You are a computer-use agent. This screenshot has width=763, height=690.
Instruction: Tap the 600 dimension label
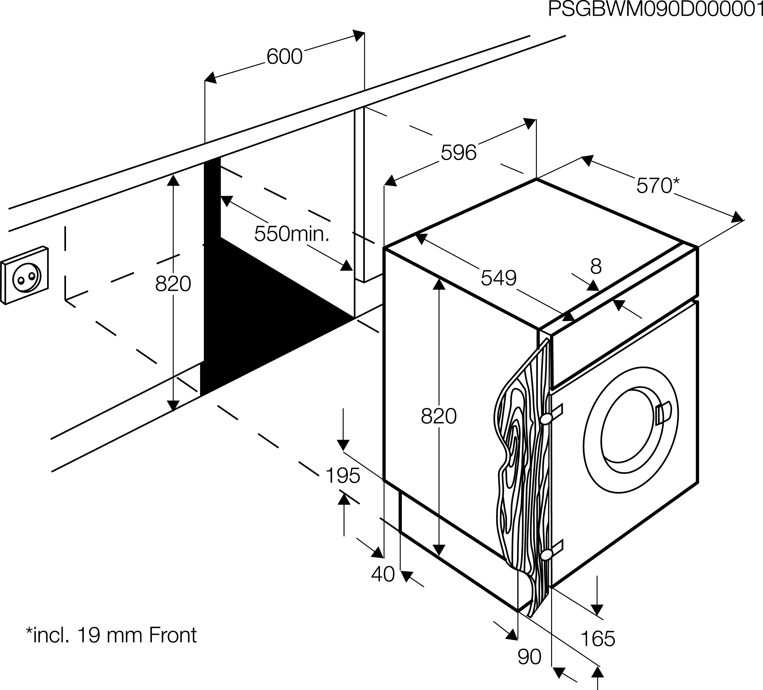284,57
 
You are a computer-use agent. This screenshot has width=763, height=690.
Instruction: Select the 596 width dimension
458,153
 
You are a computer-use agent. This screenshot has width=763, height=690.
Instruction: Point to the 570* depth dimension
658,186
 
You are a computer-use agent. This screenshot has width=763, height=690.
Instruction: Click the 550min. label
292,234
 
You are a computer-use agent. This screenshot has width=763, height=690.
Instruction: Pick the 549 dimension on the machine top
498,278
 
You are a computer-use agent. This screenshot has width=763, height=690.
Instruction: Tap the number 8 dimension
596,266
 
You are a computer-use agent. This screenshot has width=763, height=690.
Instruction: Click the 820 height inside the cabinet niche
173,284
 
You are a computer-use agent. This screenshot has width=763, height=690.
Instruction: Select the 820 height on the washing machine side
439,416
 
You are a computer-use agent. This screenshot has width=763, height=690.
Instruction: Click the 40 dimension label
383,574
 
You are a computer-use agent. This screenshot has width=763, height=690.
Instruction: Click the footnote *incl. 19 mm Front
111,635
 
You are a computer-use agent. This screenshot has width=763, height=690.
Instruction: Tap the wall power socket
25,275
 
